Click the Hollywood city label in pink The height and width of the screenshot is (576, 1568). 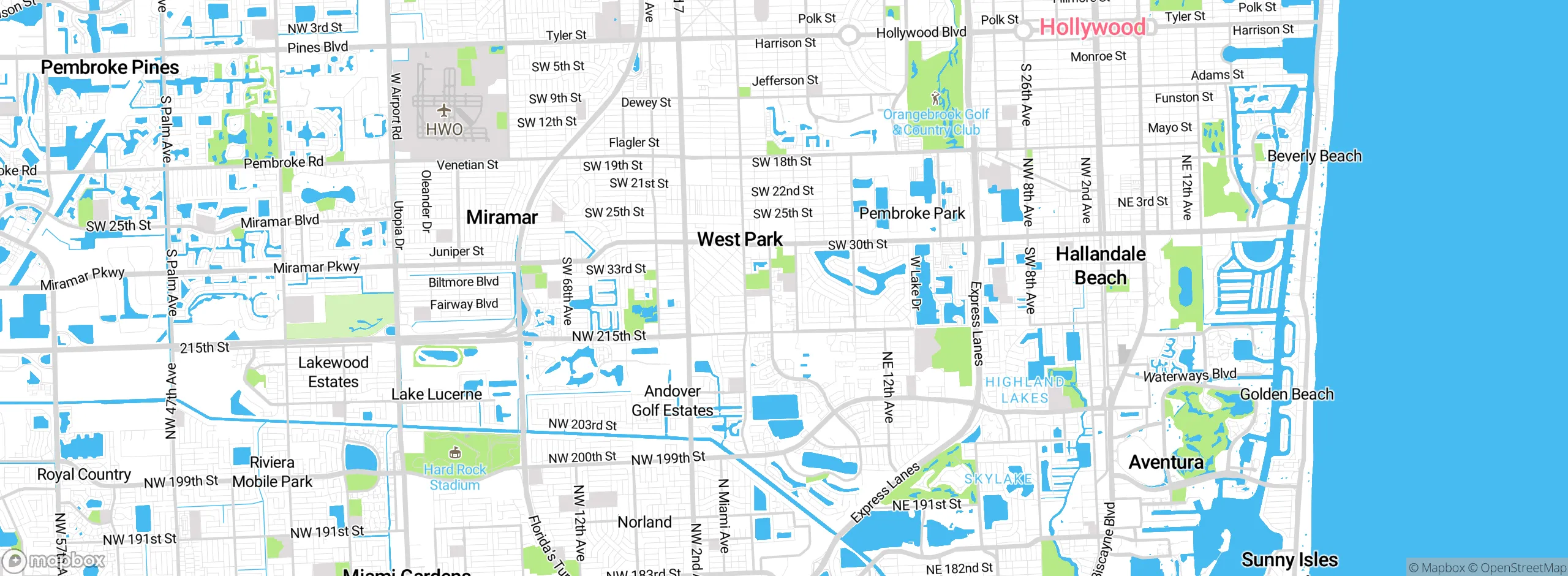(1092, 28)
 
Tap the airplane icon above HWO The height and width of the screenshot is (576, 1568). (444, 111)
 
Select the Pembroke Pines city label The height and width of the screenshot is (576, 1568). (110, 67)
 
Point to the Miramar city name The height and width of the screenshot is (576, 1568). (502, 218)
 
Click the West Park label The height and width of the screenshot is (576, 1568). (740, 240)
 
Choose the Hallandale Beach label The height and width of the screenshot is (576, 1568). (1101, 266)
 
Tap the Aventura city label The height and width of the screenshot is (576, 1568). (1166, 462)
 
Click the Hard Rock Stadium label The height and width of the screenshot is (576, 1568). (454, 477)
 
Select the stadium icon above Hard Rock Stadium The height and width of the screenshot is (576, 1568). (454, 453)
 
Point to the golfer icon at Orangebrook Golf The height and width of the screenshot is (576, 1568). (935, 97)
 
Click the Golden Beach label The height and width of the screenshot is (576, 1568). (1286, 395)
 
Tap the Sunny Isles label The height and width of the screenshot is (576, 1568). (1289, 559)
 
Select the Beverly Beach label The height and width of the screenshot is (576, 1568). (1314, 156)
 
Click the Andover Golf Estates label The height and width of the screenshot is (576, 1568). (673, 401)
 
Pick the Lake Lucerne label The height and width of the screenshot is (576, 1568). (437, 395)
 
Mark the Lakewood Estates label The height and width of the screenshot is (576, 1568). (333, 372)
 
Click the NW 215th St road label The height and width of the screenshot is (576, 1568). (609, 336)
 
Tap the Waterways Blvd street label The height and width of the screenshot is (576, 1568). (1189, 375)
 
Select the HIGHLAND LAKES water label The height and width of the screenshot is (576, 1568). (1025, 390)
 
